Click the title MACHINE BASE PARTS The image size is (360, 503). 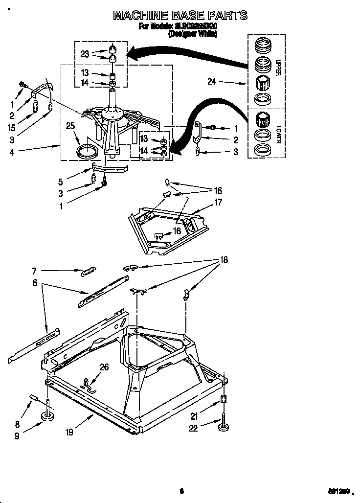coord(180,16)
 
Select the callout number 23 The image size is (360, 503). coord(85,54)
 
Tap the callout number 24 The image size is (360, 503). coord(211,82)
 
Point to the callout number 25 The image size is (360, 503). coord(71,126)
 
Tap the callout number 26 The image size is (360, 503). coord(104,366)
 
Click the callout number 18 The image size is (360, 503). coord(224,260)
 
